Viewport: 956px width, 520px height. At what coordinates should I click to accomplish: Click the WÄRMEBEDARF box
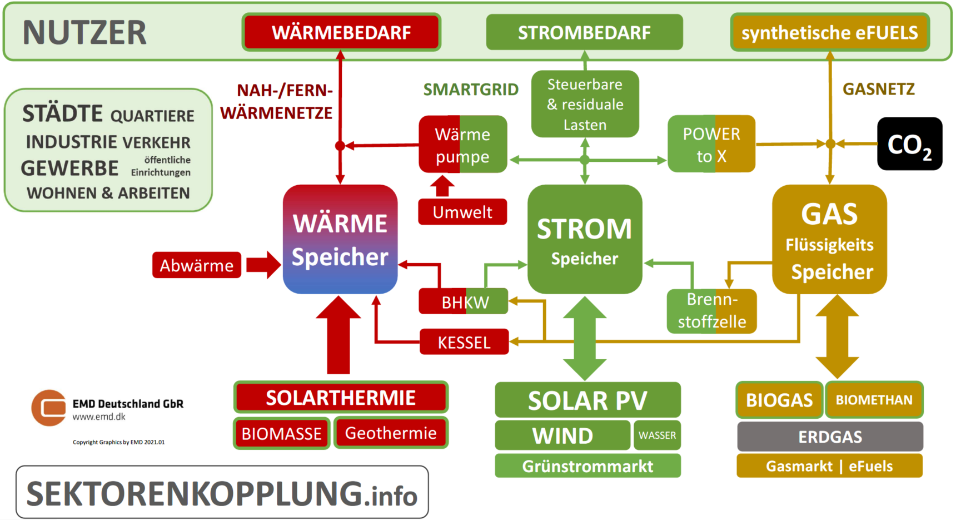(341, 32)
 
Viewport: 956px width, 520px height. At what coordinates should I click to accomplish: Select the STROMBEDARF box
(584, 32)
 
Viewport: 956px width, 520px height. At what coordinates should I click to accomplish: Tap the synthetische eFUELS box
(829, 32)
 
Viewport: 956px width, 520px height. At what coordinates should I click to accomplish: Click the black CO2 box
(909, 144)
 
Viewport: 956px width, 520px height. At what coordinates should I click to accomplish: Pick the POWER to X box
(711, 144)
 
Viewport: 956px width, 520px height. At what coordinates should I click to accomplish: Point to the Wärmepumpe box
(462, 145)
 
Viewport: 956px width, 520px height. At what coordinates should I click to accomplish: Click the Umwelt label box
(462, 212)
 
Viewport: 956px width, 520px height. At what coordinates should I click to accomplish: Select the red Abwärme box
(196, 265)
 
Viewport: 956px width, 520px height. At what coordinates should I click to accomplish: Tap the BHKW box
(464, 301)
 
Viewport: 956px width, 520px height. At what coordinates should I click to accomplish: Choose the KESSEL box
(464, 342)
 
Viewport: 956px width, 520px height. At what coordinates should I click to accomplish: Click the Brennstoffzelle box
(711, 311)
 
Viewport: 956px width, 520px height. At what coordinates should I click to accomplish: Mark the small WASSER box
(657, 435)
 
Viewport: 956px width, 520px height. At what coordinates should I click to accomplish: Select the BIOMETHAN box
(874, 400)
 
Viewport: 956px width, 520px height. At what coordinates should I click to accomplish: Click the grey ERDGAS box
(830, 437)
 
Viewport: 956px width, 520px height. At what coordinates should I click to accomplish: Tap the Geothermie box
(391, 433)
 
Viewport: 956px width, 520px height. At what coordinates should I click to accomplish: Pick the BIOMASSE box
(282, 433)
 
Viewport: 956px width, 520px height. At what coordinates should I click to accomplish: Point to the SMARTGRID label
(471, 90)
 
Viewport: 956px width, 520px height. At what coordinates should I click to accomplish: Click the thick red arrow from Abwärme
(263, 265)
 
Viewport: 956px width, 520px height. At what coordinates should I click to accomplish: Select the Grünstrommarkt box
(587, 466)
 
